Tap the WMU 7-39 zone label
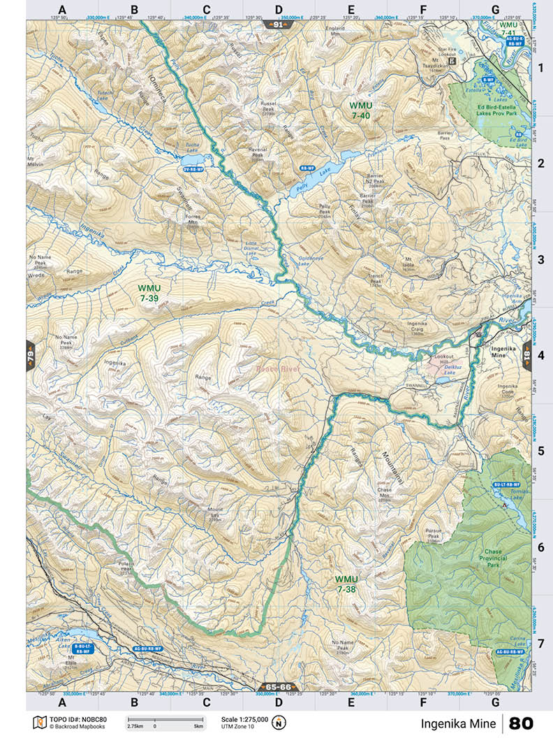coord(149,292)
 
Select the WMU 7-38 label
coord(346,584)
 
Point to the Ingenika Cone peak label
coord(508,389)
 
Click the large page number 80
coord(520,723)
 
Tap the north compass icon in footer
coord(283,722)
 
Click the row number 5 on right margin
coord(540,431)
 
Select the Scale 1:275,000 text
coord(244,718)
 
